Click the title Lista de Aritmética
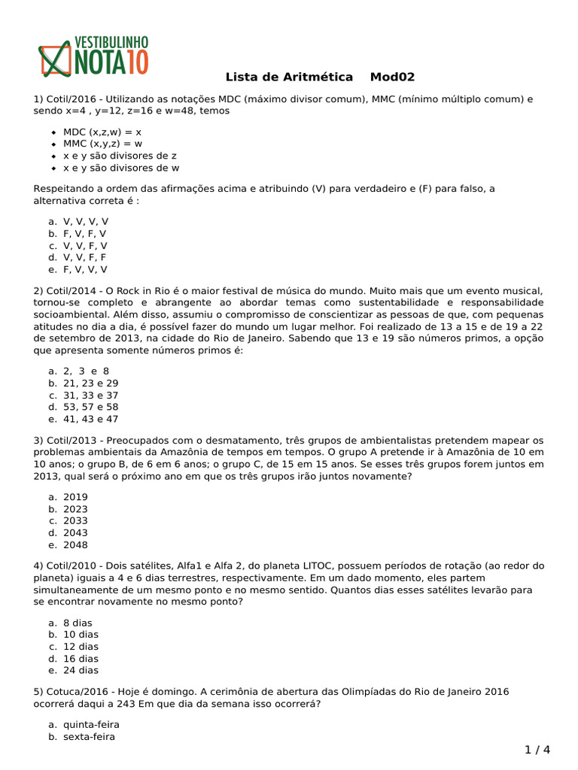289,77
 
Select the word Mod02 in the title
392,77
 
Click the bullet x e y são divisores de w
121,168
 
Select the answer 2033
75,520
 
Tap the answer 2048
75,544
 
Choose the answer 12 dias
81,646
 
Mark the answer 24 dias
81,670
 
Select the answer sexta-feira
89,737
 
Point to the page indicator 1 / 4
537,750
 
